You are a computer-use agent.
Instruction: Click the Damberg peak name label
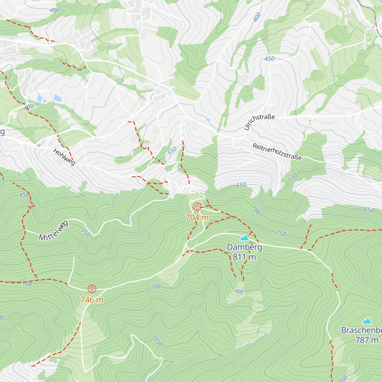pyautogui.click(x=244, y=247)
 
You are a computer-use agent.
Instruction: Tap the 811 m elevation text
pyautogui.click(x=244, y=257)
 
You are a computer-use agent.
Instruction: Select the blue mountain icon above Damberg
pyautogui.click(x=244, y=237)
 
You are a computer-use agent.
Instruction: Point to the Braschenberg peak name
pyautogui.click(x=361, y=330)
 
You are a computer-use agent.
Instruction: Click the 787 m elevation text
pyautogui.click(x=367, y=340)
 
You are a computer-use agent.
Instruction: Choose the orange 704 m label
pyautogui.click(x=197, y=218)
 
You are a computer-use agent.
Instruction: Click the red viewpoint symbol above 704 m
pyautogui.click(x=197, y=207)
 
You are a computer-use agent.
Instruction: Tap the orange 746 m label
pyautogui.click(x=92, y=300)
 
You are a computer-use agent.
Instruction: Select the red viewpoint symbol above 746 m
pyautogui.click(x=92, y=289)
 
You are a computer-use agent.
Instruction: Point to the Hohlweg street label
pyautogui.click(x=64, y=157)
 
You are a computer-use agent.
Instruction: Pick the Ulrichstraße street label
pyautogui.click(x=259, y=122)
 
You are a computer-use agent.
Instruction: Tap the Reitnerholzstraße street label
pyautogui.click(x=277, y=152)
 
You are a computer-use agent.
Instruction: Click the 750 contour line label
pyautogui.click(x=281, y=234)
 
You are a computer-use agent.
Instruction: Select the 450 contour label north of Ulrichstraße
pyautogui.click(x=269, y=59)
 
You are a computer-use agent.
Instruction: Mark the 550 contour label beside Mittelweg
pyautogui.click(x=85, y=233)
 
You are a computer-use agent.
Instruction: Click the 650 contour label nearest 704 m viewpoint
pyautogui.click(x=241, y=185)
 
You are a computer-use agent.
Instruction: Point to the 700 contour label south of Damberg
pyautogui.click(x=238, y=292)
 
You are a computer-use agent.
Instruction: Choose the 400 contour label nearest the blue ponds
pyautogui.click(x=29, y=107)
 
